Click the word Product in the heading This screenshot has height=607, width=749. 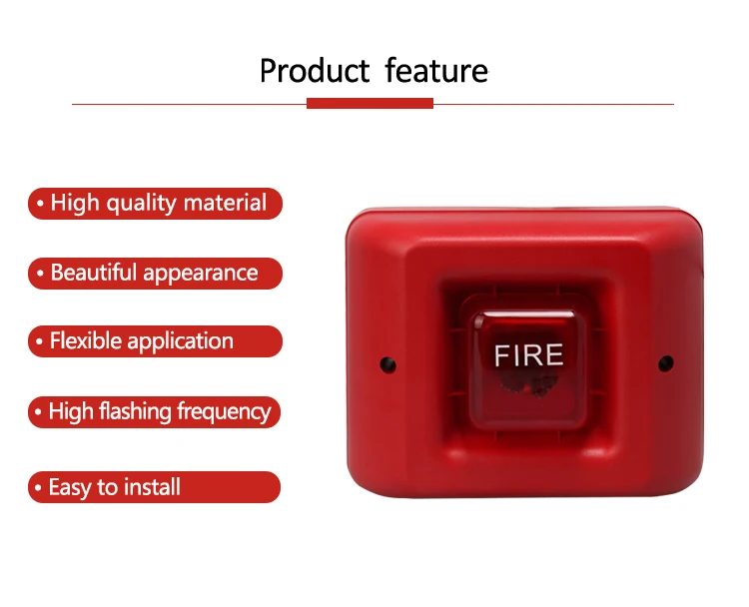pyautogui.click(x=315, y=72)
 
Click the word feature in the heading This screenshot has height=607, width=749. pyautogui.click(x=436, y=72)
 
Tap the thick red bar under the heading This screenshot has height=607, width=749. pyautogui.click(x=370, y=103)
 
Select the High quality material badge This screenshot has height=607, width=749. pyautogui.click(x=155, y=204)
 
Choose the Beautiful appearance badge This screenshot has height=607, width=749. pyautogui.click(x=155, y=273)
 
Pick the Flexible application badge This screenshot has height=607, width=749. pyautogui.click(x=155, y=341)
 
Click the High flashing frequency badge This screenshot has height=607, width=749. pyautogui.click(x=155, y=411)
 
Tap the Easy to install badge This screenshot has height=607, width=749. pyautogui.click(x=155, y=487)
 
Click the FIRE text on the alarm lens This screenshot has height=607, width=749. pyautogui.click(x=529, y=355)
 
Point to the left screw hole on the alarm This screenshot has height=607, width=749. pyautogui.click(x=387, y=365)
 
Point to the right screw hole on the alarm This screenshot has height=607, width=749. pyautogui.click(x=666, y=363)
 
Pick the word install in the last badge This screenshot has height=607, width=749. pyautogui.click(x=152, y=487)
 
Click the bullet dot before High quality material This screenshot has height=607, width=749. pyautogui.click(x=40, y=205)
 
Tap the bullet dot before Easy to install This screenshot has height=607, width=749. pyautogui.click(x=39, y=488)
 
